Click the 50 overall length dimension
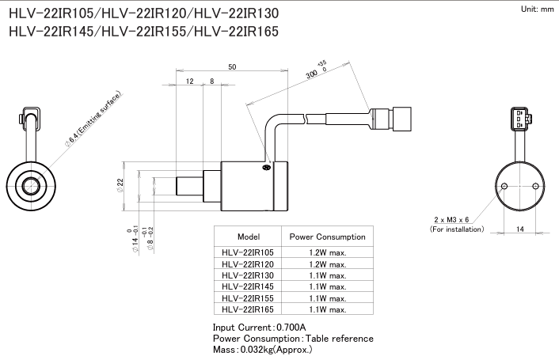click(x=231, y=67)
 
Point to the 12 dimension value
click(x=189, y=81)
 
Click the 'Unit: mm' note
click(x=536, y=9)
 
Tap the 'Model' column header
click(x=249, y=237)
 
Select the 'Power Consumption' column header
click(x=327, y=237)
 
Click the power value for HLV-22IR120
click(x=328, y=264)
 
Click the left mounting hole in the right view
click(x=504, y=187)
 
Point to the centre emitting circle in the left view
click(x=32, y=187)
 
